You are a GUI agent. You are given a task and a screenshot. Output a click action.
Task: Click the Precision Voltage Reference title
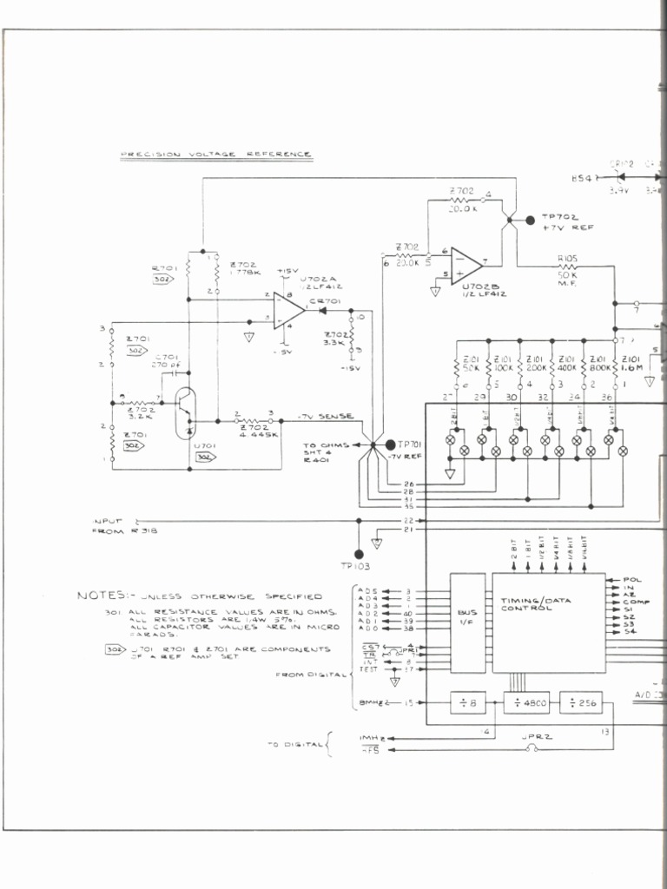(x=215, y=154)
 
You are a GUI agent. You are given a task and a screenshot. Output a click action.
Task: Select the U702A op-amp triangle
(x=287, y=309)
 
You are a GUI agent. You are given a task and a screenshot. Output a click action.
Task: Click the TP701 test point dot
(x=390, y=444)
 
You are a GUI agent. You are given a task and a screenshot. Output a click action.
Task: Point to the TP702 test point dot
(x=531, y=221)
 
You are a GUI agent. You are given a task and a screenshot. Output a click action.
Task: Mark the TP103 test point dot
(x=358, y=553)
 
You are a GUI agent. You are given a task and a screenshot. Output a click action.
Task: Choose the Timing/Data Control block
(x=549, y=622)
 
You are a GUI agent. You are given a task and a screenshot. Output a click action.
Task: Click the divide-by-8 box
(x=467, y=703)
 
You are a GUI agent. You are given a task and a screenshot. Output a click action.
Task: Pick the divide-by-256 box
(x=581, y=703)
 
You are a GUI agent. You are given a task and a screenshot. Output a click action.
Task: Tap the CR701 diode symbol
(x=327, y=309)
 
